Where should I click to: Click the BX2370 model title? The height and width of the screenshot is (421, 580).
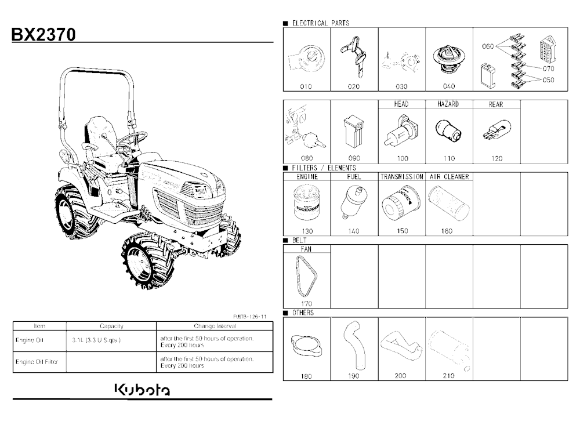(43, 34)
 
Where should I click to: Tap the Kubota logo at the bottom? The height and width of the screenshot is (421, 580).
(143, 390)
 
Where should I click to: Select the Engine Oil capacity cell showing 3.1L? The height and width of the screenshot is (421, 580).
(96, 340)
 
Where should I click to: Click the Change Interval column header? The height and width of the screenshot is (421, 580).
(215, 326)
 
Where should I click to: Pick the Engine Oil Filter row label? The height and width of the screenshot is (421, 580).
(37, 362)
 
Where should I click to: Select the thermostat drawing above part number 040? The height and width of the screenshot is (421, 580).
(449, 60)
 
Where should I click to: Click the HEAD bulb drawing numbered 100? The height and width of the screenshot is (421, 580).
(401, 131)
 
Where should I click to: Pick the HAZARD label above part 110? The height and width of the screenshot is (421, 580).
(448, 104)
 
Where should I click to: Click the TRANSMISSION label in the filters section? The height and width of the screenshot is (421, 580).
(402, 177)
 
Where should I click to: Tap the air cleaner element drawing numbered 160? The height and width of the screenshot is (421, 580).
(449, 203)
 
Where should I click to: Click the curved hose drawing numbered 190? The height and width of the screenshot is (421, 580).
(354, 344)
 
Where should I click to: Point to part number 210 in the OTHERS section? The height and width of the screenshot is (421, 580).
(448, 376)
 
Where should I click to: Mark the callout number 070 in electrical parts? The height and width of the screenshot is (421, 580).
(548, 68)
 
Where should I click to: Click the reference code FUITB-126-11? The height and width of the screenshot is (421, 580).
(249, 317)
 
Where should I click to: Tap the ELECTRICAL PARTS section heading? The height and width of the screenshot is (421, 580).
(320, 23)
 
